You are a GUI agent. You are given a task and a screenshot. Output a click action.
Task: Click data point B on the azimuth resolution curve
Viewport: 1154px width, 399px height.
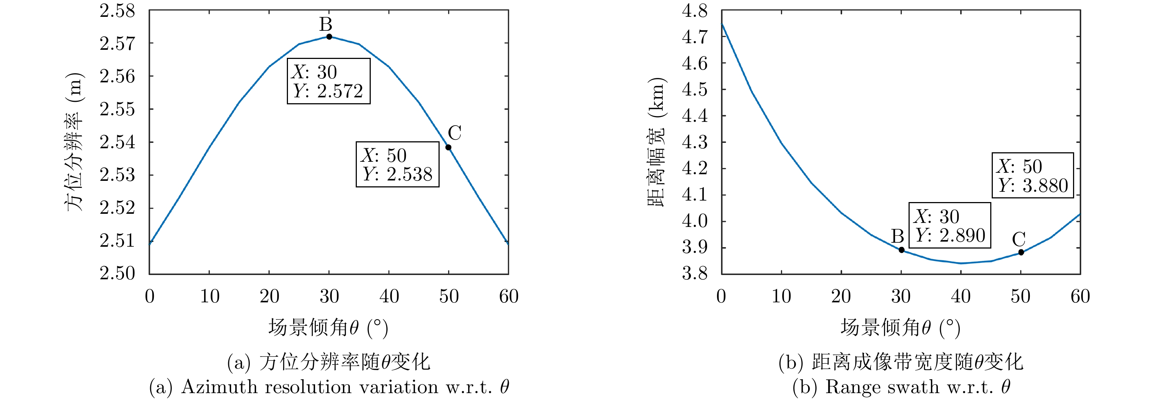(329, 37)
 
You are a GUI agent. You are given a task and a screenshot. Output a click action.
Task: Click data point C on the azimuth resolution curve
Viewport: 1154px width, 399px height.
(448, 147)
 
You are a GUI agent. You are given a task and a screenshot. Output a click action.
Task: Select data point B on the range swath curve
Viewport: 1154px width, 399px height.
(901, 250)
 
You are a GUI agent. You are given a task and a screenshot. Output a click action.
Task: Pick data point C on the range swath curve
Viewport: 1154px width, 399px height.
(1021, 253)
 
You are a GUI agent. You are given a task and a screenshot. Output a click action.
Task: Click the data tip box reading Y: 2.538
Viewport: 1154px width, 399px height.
(397, 164)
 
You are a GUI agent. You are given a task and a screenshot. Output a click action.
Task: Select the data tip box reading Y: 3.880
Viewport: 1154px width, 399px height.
(1033, 175)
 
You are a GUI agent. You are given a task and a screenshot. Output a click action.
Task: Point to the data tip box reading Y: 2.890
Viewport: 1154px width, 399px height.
(950, 225)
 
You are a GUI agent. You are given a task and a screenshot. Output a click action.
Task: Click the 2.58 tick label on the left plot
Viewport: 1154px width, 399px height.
(117, 11)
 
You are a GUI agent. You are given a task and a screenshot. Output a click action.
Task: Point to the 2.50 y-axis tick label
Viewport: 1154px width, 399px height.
(117, 273)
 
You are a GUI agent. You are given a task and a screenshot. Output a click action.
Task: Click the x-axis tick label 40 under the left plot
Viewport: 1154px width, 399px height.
(389, 297)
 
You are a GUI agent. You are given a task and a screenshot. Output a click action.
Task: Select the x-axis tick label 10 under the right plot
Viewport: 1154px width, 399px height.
(781, 297)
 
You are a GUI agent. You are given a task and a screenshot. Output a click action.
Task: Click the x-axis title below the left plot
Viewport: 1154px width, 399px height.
(328, 328)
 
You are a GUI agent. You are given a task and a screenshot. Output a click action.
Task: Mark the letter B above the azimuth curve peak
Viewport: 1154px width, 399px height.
(326, 24)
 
